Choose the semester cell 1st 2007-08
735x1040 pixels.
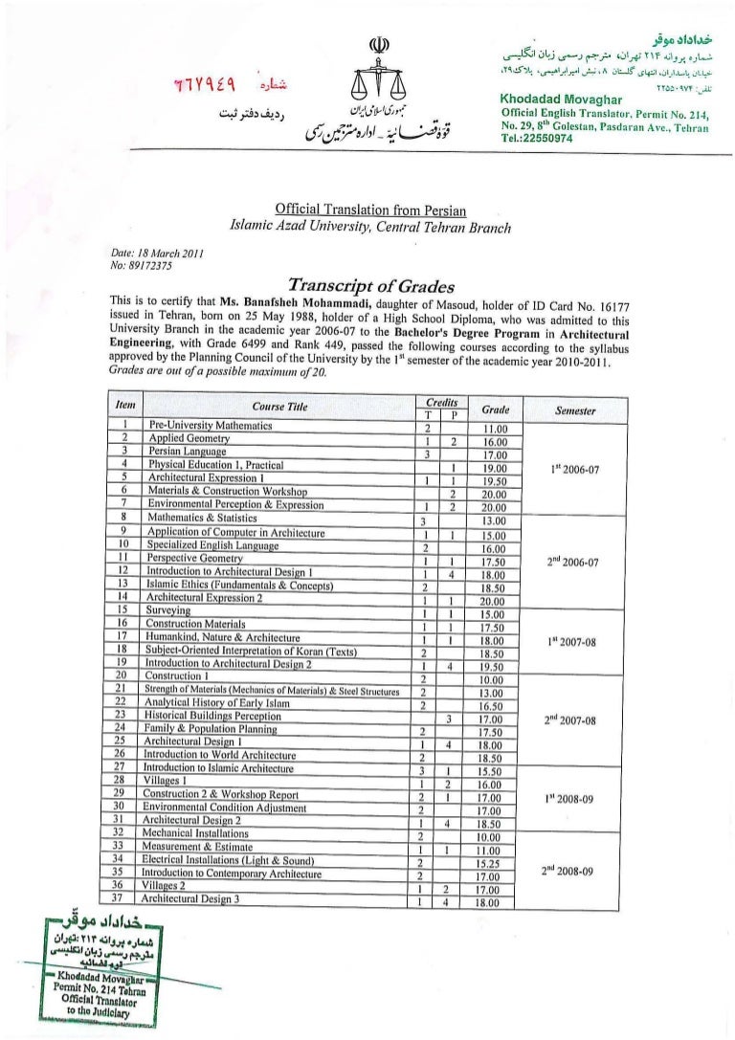click(x=575, y=642)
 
